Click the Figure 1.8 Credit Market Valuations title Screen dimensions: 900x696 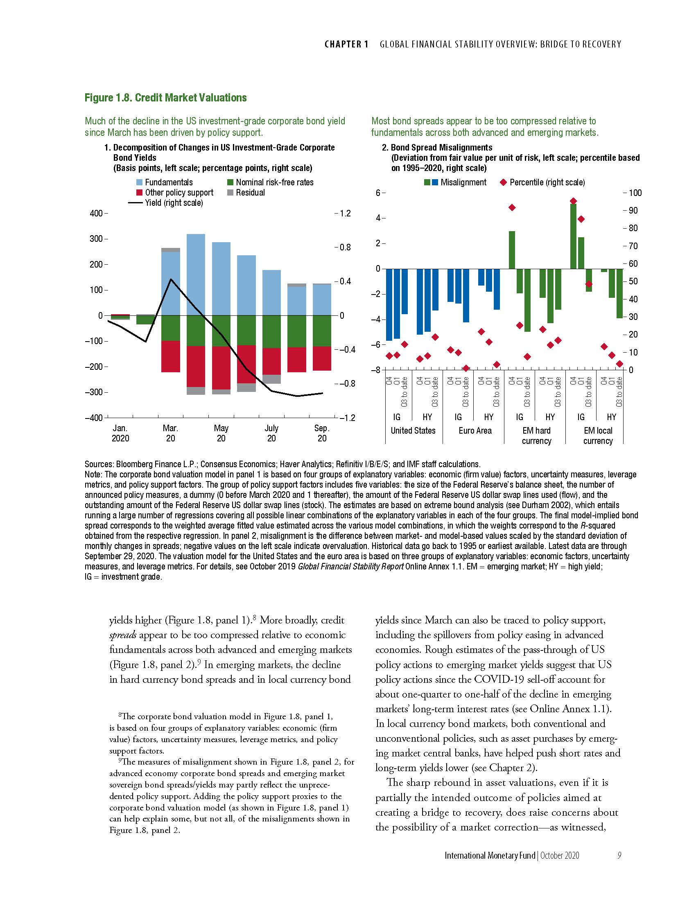pos(165,98)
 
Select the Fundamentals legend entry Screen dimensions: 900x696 pos(168,182)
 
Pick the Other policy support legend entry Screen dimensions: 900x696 pos(179,192)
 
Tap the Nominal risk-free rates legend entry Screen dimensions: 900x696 pos(274,182)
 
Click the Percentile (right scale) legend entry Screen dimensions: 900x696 pos(547,182)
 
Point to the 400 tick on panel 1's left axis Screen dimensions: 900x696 pos(96,214)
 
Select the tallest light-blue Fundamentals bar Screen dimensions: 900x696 pos(196,274)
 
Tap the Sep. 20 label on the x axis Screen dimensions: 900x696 pos(322,433)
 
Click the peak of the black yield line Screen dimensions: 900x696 pos(171,279)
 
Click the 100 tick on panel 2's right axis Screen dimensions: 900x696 pos(635,193)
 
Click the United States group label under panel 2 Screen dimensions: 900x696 pos(413,431)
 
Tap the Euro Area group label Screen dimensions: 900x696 pos(475,431)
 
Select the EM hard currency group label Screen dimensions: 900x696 pos(536,436)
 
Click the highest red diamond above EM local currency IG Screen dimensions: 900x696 pos(573,201)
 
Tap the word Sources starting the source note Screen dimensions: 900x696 pos(98,464)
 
